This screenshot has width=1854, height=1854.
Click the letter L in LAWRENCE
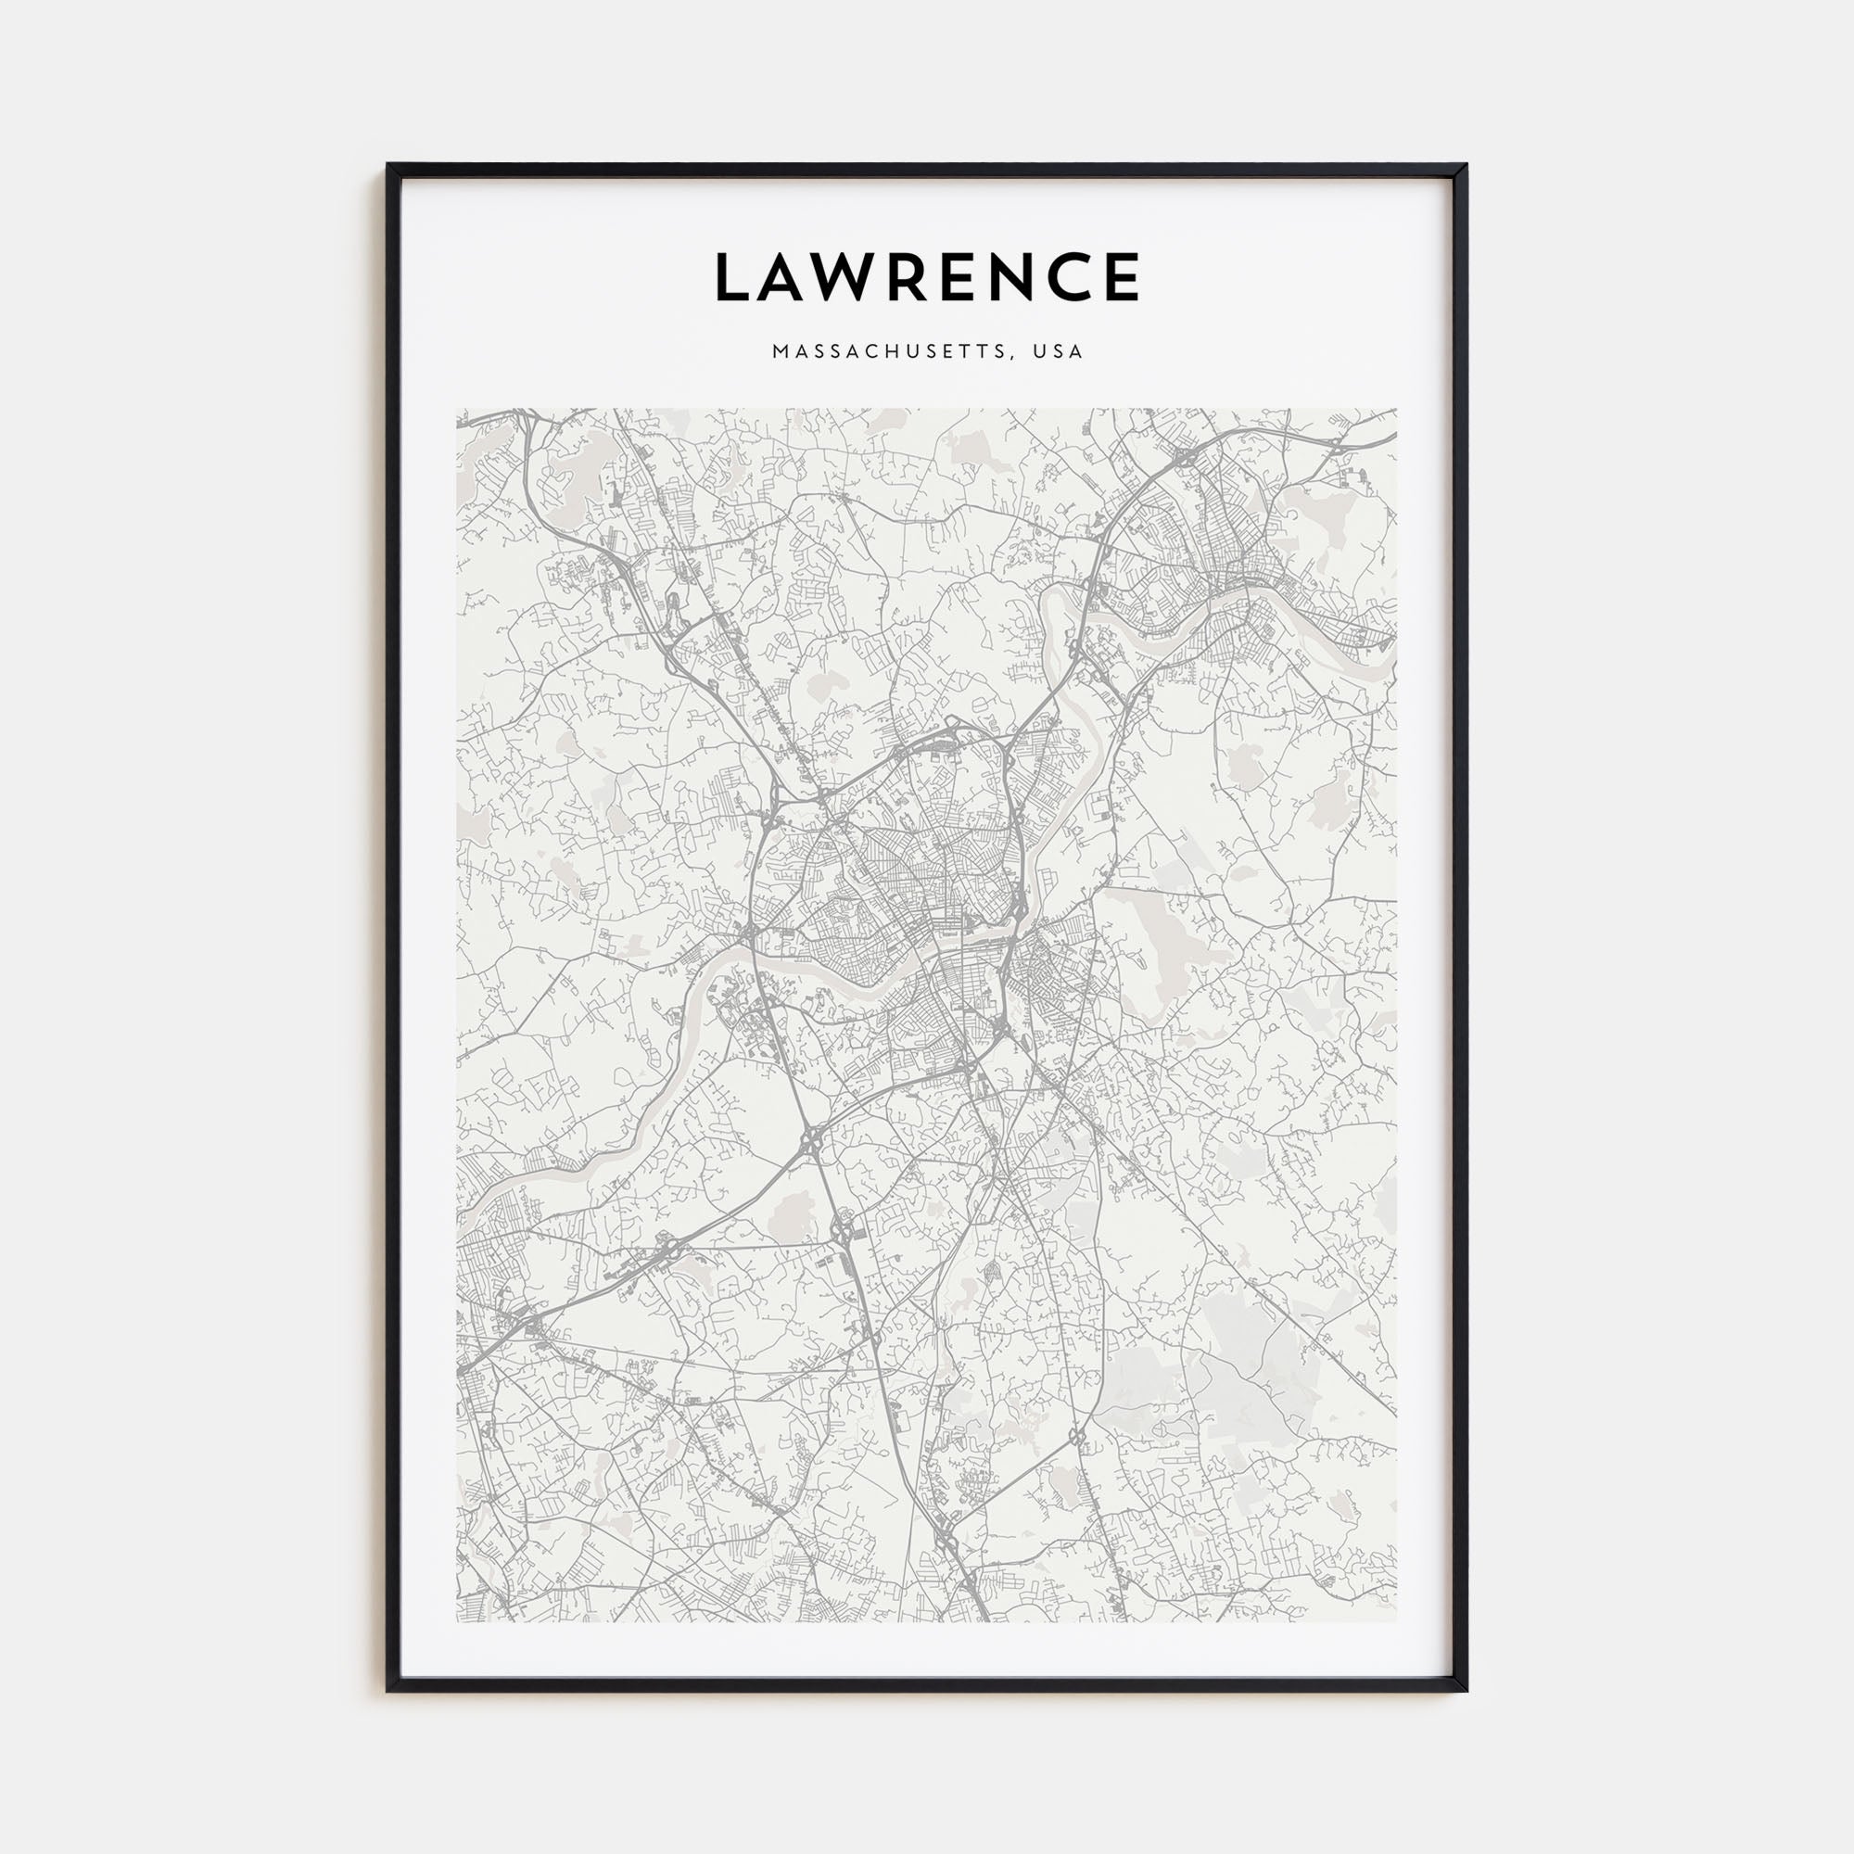733,276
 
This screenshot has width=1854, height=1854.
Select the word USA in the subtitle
1058,351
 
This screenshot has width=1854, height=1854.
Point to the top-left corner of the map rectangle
458,410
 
